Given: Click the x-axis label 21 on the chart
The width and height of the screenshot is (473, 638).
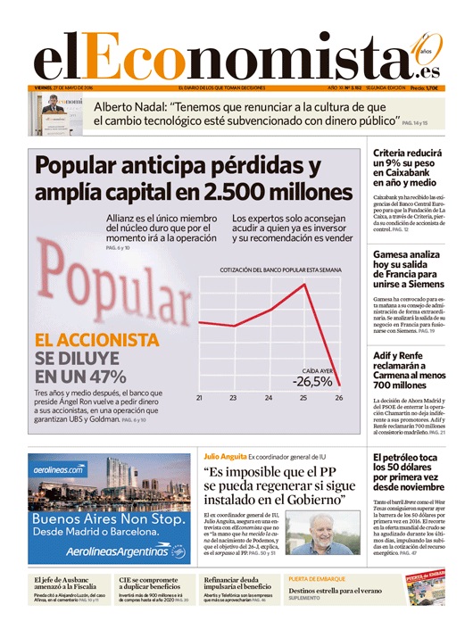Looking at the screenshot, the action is click(199, 398).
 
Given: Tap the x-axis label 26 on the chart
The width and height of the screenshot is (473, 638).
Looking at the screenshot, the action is click(339, 398).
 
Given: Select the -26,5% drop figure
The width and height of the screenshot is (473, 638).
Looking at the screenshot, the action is click(312, 382).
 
